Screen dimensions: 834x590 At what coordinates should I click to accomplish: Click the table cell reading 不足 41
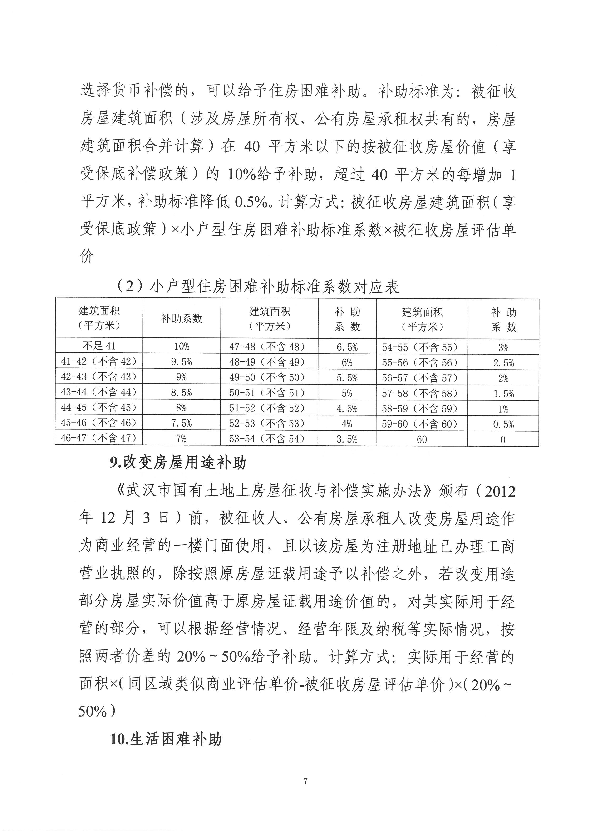pyautogui.click(x=99, y=346)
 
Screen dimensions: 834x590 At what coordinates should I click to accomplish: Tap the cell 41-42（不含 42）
pyautogui.click(x=99, y=361)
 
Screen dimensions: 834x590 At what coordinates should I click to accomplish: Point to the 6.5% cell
pyautogui.click(x=347, y=347)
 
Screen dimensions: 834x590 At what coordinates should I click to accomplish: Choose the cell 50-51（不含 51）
pyautogui.click(x=269, y=393)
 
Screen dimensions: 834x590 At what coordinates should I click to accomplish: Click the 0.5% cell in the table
pyautogui.click(x=503, y=424)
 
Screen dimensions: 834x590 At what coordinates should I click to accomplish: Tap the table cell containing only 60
pyautogui.click(x=421, y=439)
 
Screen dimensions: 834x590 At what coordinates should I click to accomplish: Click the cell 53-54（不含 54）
pyautogui.click(x=269, y=439)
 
